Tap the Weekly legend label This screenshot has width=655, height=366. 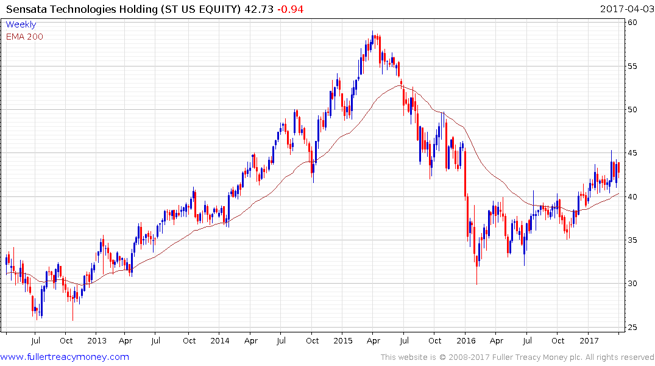tap(21, 25)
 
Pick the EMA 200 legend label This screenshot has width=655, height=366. tap(24, 37)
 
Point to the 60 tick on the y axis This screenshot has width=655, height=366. tap(633, 23)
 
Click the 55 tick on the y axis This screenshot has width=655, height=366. tap(633, 66)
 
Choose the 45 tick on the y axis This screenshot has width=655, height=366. tap(633, 153)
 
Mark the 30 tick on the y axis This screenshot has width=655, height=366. tap(633, 284)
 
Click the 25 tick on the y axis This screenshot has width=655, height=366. tap(633, 328)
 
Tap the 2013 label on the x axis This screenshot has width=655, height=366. tap(97, 340)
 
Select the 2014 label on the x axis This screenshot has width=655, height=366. tap(220, 340)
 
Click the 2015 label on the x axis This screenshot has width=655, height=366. tap(343, 340)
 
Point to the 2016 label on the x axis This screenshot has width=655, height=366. tap(466, 340)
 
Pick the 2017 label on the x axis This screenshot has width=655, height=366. tap(589, 340)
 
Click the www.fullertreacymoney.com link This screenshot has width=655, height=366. tap(65, 357)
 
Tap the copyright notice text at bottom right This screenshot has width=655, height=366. tap(517, 357)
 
